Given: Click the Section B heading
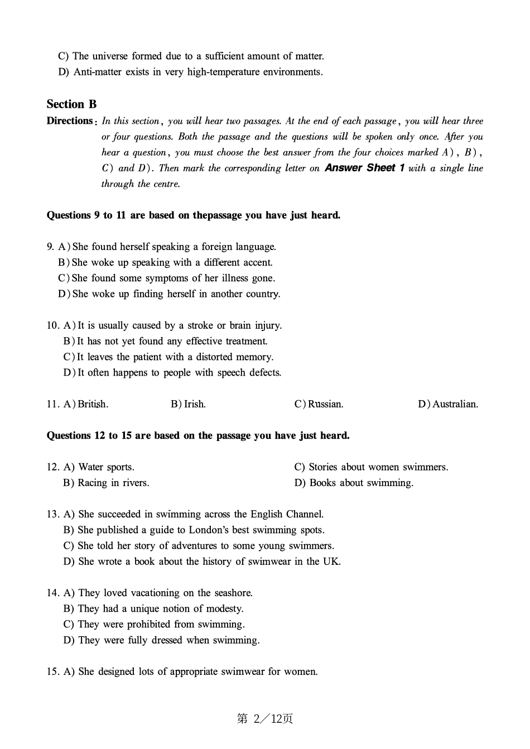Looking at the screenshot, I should pyautogui.click(x=71, y=104).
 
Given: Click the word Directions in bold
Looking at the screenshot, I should pyautogui.click(x=70, y=121).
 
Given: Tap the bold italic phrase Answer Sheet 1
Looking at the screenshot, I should pyautogui.click(x=364, y=168).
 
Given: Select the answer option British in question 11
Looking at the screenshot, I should pyautogui.click(x=93, y=404).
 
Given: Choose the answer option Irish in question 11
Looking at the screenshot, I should pyautogui.click(x=195, y=404).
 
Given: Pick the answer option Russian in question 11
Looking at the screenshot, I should pyautogui.click(x=325, y=404).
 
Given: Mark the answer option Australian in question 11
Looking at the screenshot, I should pyautogui.click(x=455, y=404).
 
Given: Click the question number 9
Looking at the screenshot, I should pyautogui.click(x=50, y=247).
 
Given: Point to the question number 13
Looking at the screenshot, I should pyautogui.click(x=53, y=514).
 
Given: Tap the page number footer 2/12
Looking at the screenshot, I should pyautogui.click(x=265, y=719).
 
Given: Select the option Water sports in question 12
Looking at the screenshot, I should pyautogui.click(x=106, y=467).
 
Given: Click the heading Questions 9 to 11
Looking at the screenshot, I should pyautogui.click(x=193, y=215).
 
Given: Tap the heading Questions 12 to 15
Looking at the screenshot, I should pyautogui.click(x=198, y=436).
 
